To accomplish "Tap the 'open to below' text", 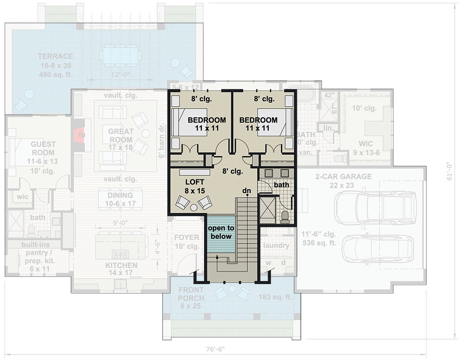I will click(220, 232).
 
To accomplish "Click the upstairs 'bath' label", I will click(281, 185).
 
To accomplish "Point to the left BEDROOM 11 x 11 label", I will click(206, 124).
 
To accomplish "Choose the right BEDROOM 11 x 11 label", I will click(258, 124).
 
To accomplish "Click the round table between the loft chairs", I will click(193, 207).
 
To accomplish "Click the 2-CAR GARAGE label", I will click(343, 180).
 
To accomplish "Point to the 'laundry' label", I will click(276, 245).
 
